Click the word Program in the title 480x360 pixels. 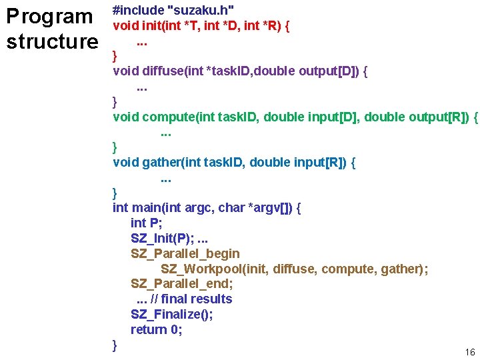[x=49, y=17]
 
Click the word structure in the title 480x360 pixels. [x=52, y=42]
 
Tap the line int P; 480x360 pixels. [x=147, y=223]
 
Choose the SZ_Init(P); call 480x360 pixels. [x=162, y=238]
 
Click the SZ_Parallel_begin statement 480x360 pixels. [x=185, y=253]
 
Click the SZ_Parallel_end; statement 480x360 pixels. [x=182, y=283]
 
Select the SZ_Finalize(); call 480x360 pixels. [x=172, y=314]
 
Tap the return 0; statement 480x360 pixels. [x=157, y=329]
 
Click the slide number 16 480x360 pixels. [x=470, y=352]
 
